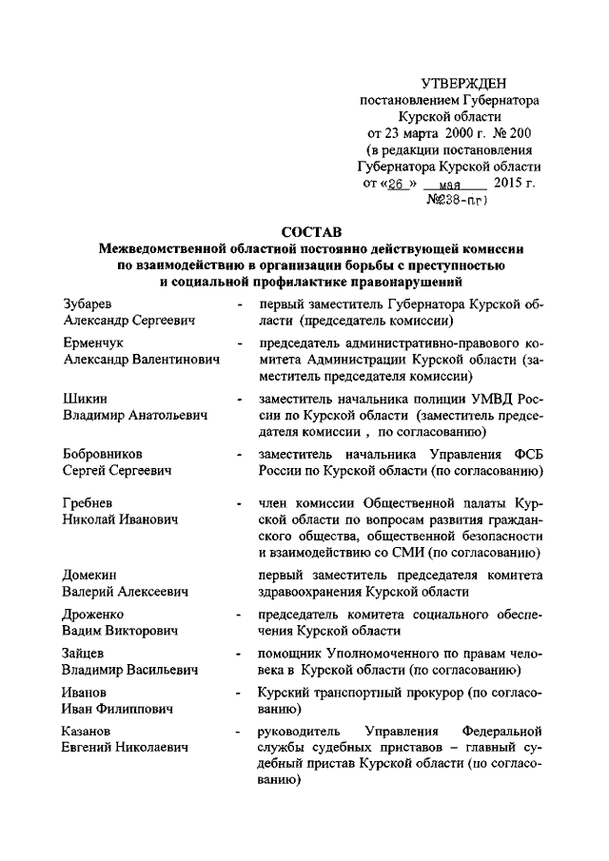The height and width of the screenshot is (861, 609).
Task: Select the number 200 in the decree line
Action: pyautogui.click(x=523, y=132)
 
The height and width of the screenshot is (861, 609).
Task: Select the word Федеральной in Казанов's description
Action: pyautogui.click(x=501, y=734)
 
